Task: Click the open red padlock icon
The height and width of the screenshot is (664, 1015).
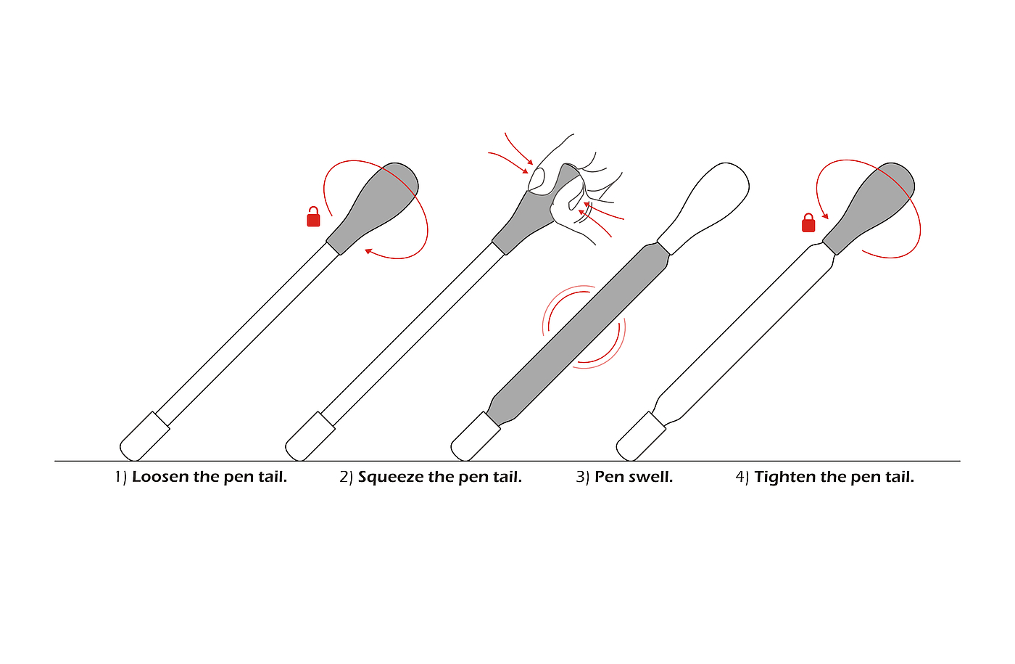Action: tap(313, 217)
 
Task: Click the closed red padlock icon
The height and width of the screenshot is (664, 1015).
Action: tap(808, 224)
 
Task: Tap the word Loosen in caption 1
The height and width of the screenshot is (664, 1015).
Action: tap(160, 477)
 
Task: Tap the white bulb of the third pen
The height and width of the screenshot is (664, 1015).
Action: tap(704, 207)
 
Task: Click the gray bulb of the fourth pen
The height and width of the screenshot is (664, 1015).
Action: tap(869, 207)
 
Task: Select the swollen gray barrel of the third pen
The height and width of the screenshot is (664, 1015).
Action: tap(578, 335)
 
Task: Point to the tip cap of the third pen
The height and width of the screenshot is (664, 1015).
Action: tap(475, 437)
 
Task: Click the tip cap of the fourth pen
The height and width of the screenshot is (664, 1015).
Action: tap(640, 437)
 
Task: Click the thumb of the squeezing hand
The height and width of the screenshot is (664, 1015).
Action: tap(538, 180)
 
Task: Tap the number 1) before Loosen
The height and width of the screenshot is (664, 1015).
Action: tap(120, 477)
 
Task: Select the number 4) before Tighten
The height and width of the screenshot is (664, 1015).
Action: tap(742, 477)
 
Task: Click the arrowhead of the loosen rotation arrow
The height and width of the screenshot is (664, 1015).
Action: tap(368, 251)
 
